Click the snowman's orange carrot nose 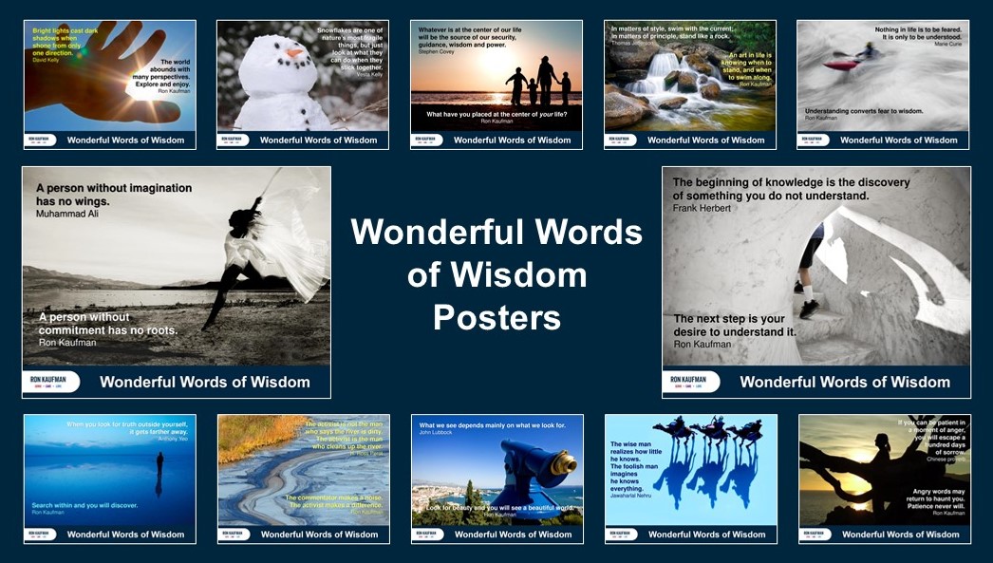pos(294,52)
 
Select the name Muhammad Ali pos(67,214)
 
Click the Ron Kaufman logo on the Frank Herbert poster pos(690,382)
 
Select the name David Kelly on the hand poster pos(46,46)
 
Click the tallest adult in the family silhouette pos(546,81)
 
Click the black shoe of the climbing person pos(808,309)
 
